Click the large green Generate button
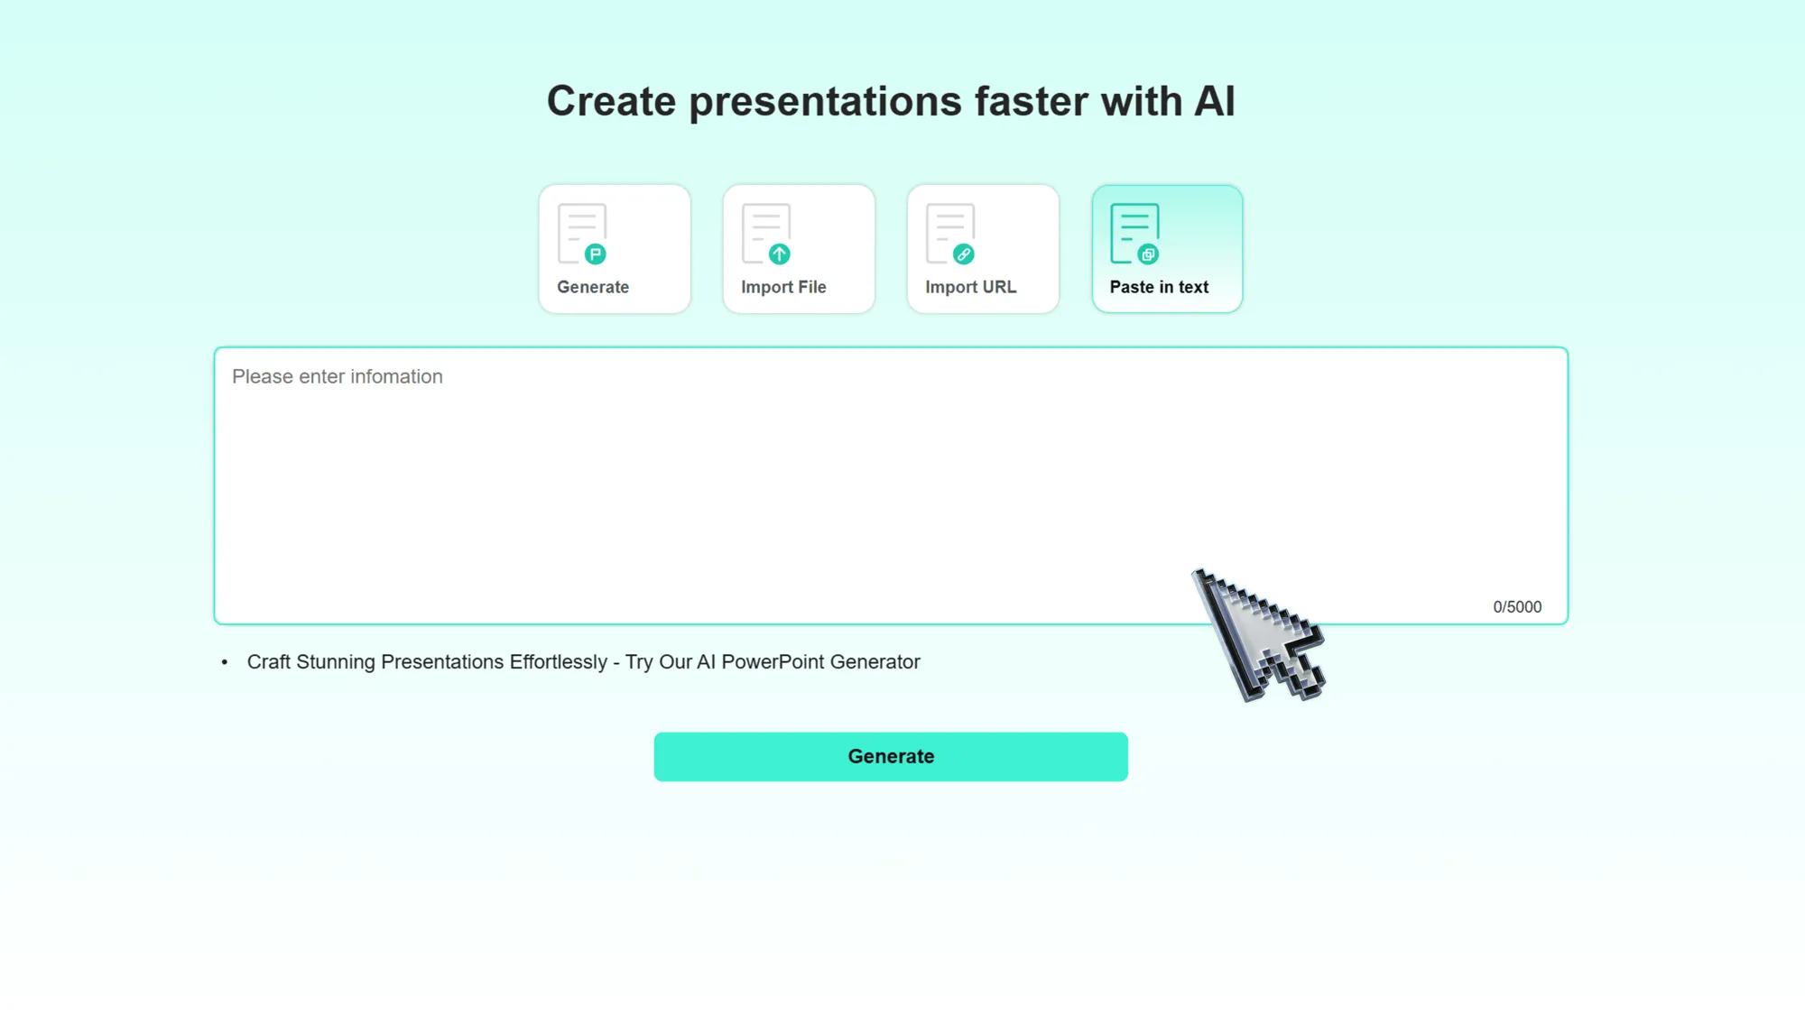click(x=890, y=756)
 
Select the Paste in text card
click(x=1166, y=249)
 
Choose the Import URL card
click(x=982, y=249)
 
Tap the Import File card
click(x=798, y=249)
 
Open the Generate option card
click(x=614, y=249)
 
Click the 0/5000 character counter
click(x=1516, y=607)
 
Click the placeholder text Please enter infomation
click(x=337, y=376)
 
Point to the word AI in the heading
click(x=1214, y=101)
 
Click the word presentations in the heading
click(x=825, y=102)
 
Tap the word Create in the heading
click(x=611, y=101)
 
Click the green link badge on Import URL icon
click(x=963, y=254)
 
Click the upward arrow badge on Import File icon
click(x=779, y=254)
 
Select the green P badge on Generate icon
click(x=595, y=254)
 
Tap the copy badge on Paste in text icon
click(x=1147, y=254)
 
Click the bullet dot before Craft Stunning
click(x=225, y=662)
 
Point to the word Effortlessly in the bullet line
click(x=558, y=662)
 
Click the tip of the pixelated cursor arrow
click(x=1196, y=572)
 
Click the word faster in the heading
click(x=1032, y=101)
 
